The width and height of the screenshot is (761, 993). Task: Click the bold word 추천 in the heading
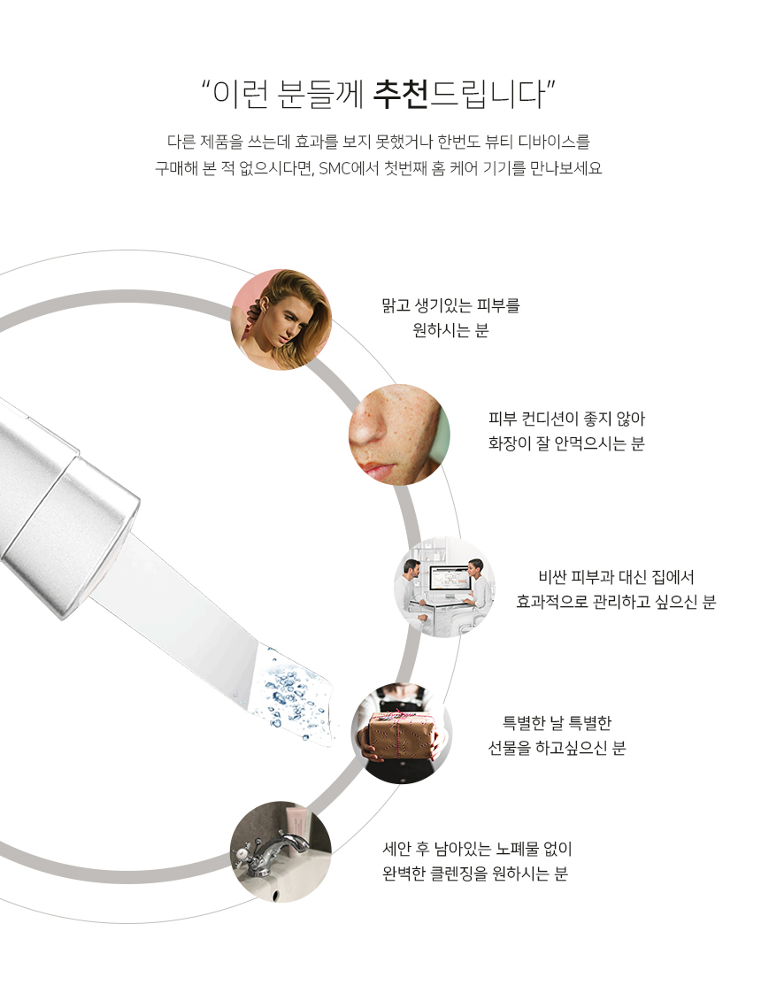[401, 94]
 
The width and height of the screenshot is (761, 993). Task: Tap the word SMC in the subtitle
[335, 168]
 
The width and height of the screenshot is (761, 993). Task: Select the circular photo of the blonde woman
[281, 319]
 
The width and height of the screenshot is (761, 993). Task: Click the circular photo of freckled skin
[399, 435]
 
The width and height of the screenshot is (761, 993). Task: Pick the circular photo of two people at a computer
[444, 586]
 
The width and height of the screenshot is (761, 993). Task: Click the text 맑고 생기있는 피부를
[450, 306]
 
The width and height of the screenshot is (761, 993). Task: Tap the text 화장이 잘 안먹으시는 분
[566, 443]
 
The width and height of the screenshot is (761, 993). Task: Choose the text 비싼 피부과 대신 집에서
[616, 577]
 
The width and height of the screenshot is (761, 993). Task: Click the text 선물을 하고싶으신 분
[557, 748]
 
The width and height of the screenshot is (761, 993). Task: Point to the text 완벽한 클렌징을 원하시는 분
[475, 874]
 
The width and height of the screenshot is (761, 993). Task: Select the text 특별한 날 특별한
[557, 722]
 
